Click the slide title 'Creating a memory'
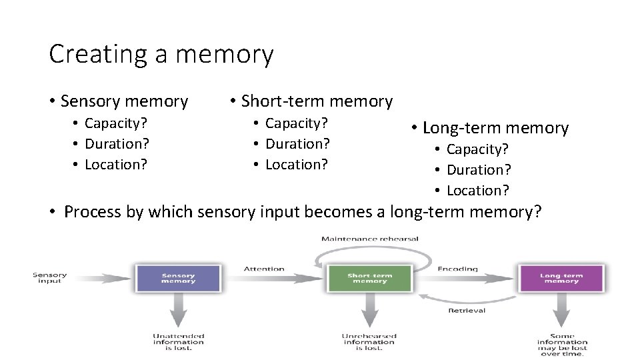[161, 54]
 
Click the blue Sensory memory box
[178, 278]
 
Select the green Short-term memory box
[370, 278]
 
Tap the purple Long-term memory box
[561, 278]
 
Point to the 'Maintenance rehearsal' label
[369, 239]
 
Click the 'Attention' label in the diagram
[264, 269]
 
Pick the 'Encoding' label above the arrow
[457, 269]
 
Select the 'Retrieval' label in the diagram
[467, 310]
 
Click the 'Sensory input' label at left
[50, 278]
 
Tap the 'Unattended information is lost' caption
[178, 341]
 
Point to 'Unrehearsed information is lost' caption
[369, 341]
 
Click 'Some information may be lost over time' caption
[562, 343]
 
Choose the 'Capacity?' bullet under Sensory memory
[116, 123]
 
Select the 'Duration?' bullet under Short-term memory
[297, 143]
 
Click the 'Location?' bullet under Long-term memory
[477, 191]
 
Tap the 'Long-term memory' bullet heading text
[495, 127]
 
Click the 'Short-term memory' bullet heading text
[317, 101]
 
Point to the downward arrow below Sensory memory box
[178, 311]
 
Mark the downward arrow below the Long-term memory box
[561, 311]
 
